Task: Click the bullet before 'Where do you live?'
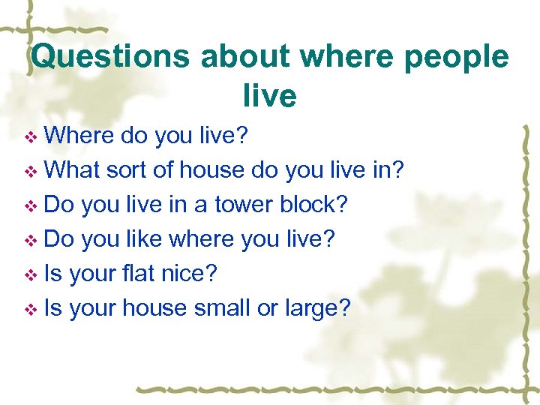[31, 137]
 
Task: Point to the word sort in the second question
[127, 170]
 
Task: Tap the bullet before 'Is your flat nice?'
[31, 275]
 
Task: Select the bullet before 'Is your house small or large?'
[31, 310]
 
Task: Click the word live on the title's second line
[269, 95]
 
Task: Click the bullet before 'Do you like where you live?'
[31, 241]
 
